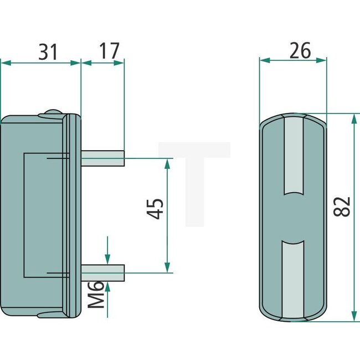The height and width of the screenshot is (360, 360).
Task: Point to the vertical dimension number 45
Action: pyautogui.click(x=157, y=209)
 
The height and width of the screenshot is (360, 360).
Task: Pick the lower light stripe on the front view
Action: pyautogui.click(x=294, y=280)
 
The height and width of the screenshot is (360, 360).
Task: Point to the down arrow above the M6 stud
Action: pyautogui.click(x=107, y=257)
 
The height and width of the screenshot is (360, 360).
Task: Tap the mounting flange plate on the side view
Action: pyautogui.click(x=71, y=216)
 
